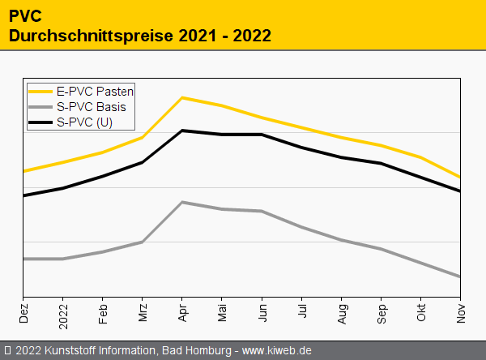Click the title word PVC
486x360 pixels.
pos(24,15)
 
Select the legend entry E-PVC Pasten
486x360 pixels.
pos(96,92)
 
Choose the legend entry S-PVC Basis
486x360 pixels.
pos(92,107)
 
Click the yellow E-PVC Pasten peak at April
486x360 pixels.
pos(182,97)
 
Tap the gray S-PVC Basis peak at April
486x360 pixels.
pos(182,202)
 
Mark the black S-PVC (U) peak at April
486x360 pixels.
pos(182,131)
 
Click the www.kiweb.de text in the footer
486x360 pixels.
pos(277,350)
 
